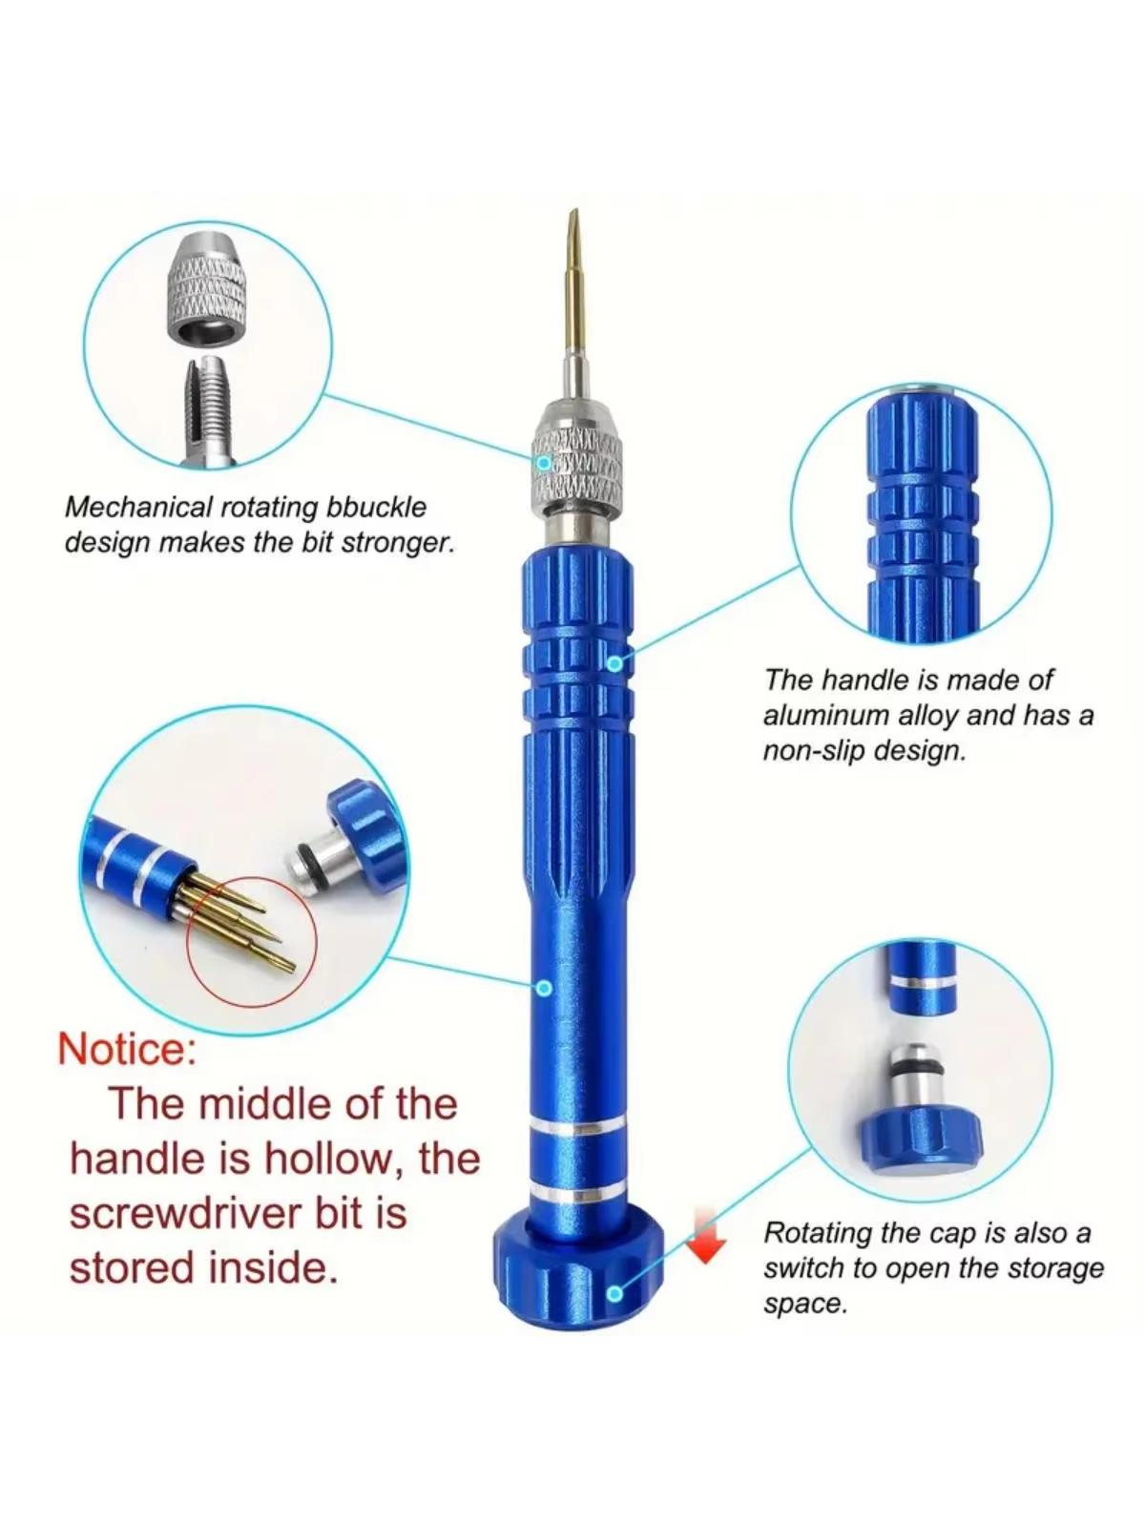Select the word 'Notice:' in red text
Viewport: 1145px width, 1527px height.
tap(128, 1050)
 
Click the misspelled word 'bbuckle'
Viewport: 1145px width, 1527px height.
tap(376, 508)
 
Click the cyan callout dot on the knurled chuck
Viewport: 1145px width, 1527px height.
tap(545, 463)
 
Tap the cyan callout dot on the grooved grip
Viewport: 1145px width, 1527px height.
tap(614, 663)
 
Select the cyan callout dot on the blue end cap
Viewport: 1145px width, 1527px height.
tap(614, 1293)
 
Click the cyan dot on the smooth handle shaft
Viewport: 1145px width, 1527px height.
tap(545, 988)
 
